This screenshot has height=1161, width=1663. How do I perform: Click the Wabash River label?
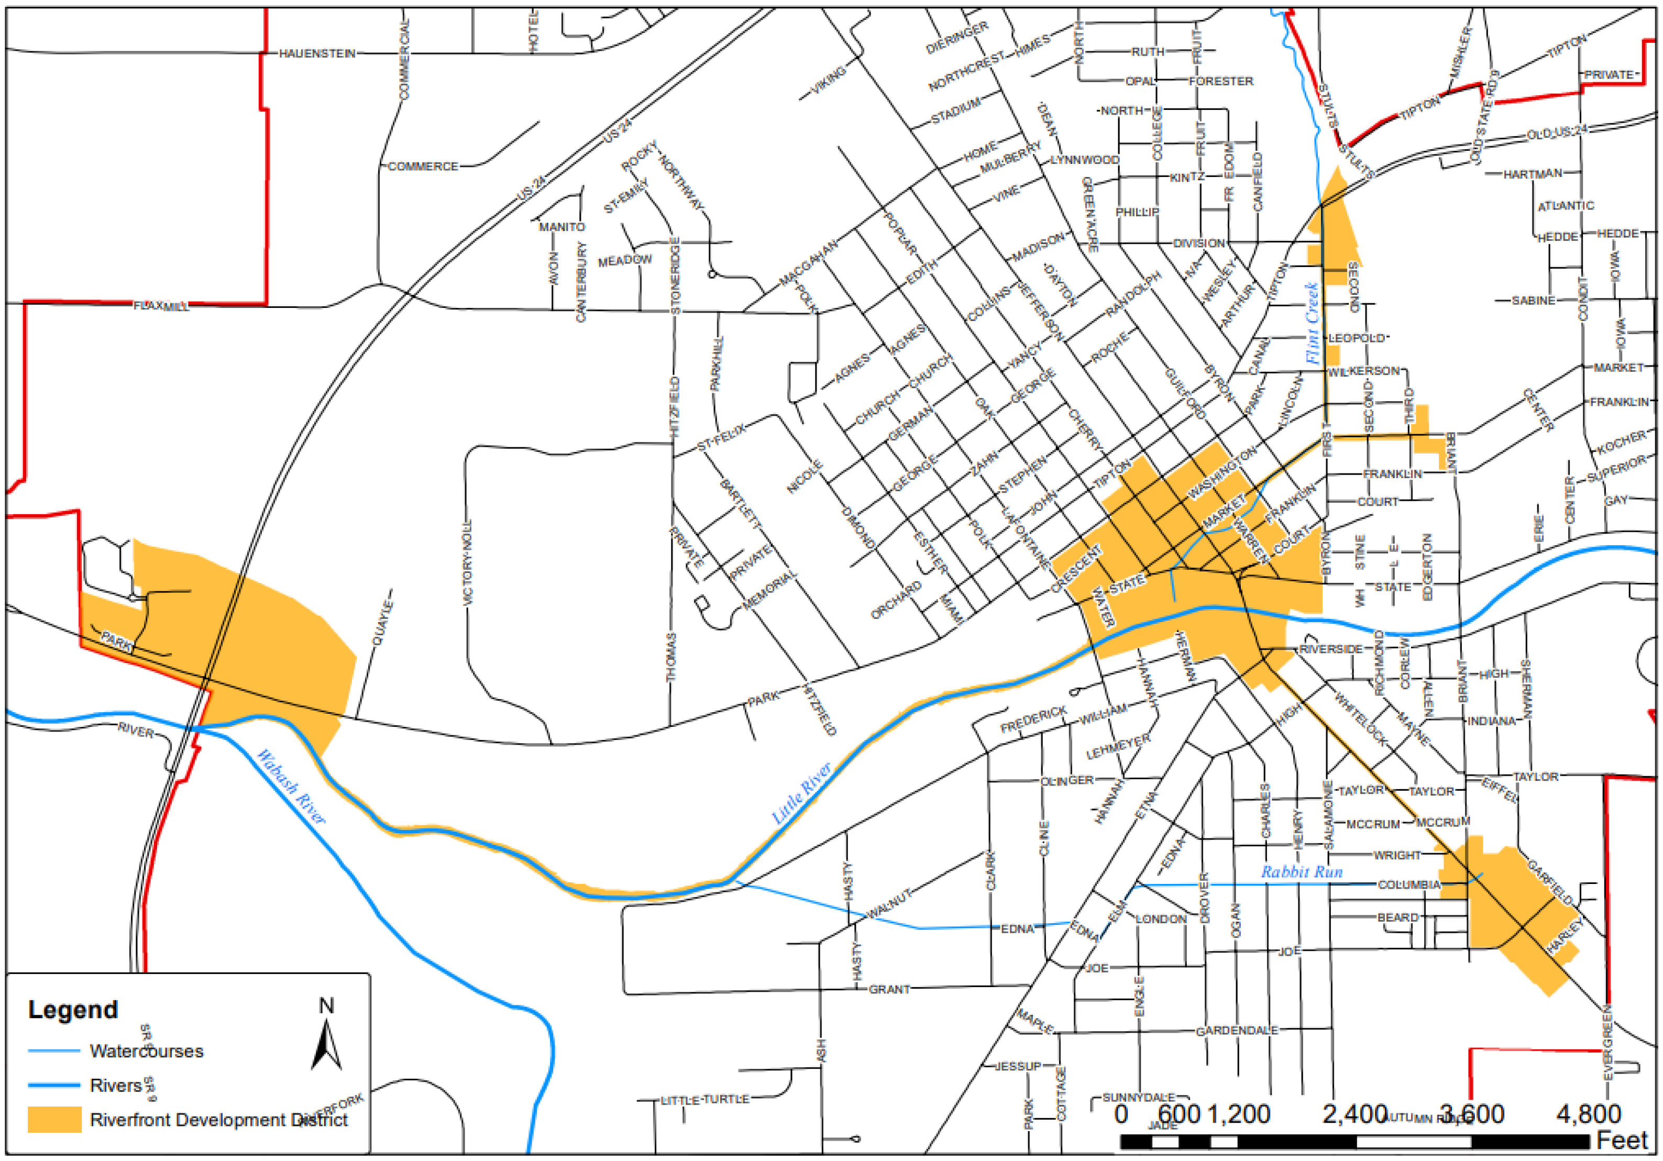pos(291,787)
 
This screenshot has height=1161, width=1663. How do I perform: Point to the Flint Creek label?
pos(1313,323)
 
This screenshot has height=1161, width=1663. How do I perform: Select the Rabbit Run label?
pos(1302,872)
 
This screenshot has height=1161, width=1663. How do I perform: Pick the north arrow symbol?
pos(327,1043)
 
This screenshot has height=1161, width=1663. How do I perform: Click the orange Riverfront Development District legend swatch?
pos(54,1120)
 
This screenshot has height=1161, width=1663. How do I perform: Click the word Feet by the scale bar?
pos(1623,1140)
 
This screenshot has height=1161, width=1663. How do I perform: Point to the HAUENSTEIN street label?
pos(317,53)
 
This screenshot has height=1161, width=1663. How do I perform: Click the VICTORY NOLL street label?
pos(468,562)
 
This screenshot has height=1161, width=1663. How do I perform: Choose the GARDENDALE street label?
pos(1237,1030)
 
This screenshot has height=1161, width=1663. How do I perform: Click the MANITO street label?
pos(561,227)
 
